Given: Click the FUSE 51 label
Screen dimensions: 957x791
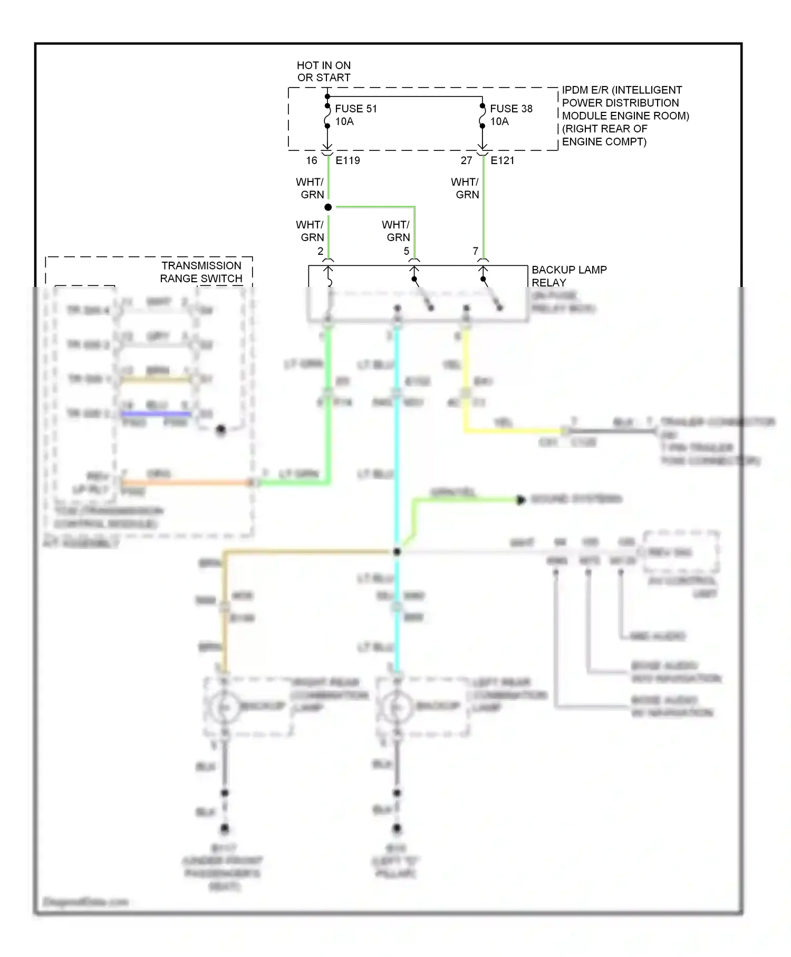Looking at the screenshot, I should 356,109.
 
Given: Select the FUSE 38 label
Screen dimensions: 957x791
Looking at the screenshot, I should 511,109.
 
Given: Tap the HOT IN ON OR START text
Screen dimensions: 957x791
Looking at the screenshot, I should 324,71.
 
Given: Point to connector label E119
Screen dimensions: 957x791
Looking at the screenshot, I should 348,160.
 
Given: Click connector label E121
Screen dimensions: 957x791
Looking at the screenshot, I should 502,160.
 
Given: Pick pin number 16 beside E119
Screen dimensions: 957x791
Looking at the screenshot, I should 312,160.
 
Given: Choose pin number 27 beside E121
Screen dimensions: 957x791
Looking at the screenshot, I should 466,160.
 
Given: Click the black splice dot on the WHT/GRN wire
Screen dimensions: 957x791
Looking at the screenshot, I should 328,207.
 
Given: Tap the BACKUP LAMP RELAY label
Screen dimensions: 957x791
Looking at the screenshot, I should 568,276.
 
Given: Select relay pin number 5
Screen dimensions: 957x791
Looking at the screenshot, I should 407,251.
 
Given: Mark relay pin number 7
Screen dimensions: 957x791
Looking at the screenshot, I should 475,251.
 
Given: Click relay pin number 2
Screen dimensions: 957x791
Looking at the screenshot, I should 320,251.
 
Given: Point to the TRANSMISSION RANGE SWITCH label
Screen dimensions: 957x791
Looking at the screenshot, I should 201,272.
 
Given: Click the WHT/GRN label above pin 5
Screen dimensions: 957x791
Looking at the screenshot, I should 397,231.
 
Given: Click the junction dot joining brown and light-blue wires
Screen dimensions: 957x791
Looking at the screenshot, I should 397,552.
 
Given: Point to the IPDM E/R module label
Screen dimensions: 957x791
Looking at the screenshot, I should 625,116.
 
